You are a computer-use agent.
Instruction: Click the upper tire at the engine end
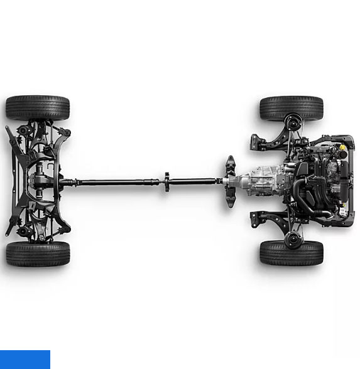pos(291,108)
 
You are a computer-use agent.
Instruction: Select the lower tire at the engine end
pos(291,253)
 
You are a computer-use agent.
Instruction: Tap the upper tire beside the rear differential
pos(38,108)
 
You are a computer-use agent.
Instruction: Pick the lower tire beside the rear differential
pos(38,254)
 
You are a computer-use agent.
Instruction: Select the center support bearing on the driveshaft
pos(166,182)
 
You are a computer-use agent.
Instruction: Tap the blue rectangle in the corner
pos(25,359)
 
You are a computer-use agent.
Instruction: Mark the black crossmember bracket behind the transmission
pos(231,181)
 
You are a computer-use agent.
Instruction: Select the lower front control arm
pos(267,220)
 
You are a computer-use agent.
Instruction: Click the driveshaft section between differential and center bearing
pos(113,182)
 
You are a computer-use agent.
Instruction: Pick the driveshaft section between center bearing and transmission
pos(195,181)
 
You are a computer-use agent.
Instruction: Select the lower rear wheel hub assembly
pos(25,231)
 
